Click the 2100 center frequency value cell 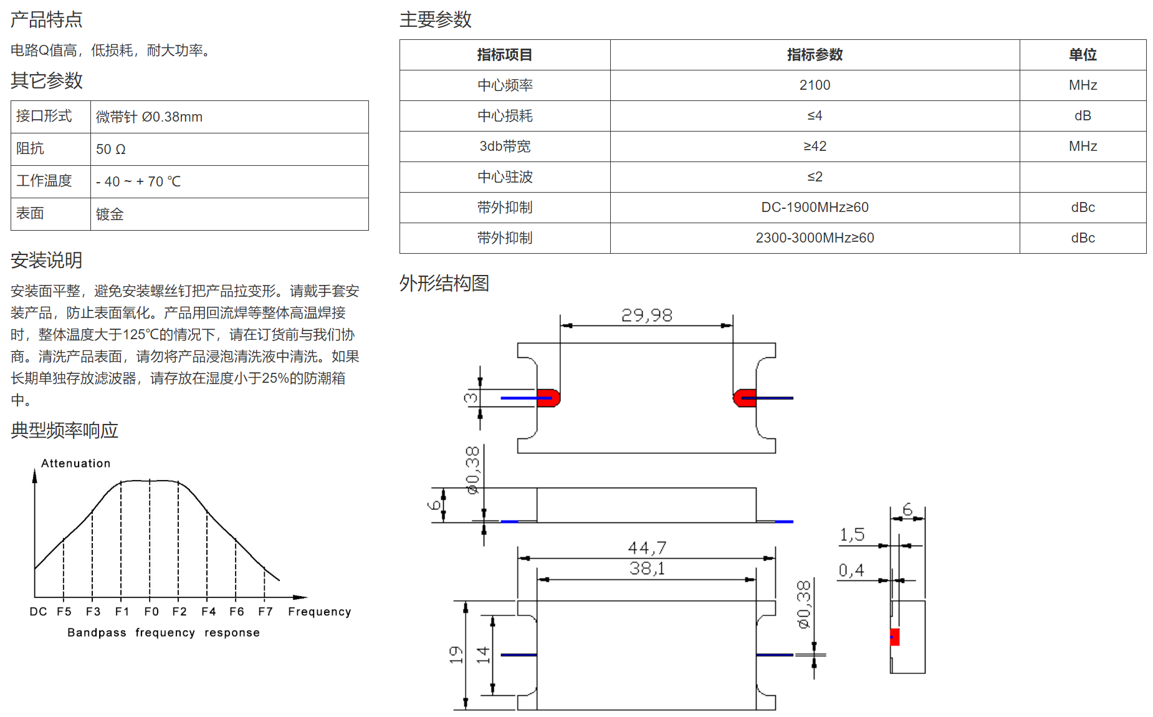[815, 85]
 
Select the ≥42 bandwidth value [815, 147]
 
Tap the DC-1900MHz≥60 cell [815, 208]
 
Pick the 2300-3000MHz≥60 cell [815, 238]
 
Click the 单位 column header [1083, 55]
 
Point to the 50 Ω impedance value [111, 150]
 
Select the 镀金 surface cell [229, 214]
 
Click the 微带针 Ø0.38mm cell [229, 117]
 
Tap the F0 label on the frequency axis [151, 612]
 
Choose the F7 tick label [266, 612]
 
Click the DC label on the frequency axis [38, 612]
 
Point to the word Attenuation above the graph [76, 463]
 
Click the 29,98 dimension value [647, 315]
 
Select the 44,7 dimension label [647, 548]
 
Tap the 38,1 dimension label [647, 569]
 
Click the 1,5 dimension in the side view [852, 535]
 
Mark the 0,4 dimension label [851, 570]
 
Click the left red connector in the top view [548, 398]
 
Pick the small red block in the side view [895, 637]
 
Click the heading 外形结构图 [444, 284]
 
